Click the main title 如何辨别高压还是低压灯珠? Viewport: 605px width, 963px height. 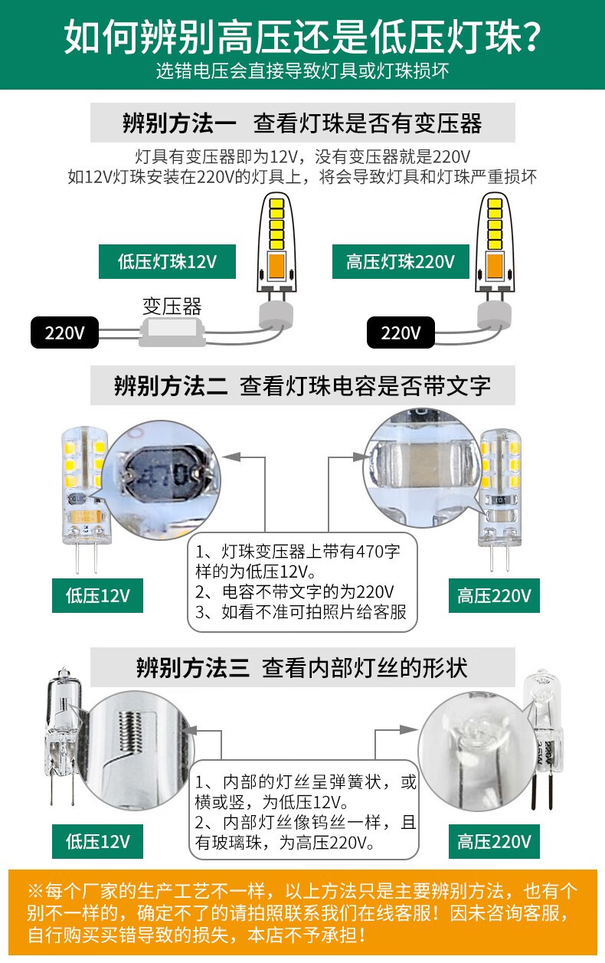(302, 35)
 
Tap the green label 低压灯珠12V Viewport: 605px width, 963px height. (167, 262)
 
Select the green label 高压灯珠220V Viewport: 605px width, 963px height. (400, 262)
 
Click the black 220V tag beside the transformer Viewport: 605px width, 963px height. (64, 333)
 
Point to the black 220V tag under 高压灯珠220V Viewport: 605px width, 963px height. (401, 333)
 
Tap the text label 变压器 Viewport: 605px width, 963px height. (172, 307)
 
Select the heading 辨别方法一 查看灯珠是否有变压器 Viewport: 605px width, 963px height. (302, 123)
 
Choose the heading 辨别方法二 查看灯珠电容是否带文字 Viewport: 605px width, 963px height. (302, 385)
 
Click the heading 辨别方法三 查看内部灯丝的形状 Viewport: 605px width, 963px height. (302, 667)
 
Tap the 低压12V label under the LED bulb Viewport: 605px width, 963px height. (97, 595)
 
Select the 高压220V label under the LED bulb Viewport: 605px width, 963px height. (494, 595)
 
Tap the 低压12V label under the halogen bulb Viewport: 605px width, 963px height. (97, 842)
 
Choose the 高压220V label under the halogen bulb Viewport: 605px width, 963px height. (494, 842)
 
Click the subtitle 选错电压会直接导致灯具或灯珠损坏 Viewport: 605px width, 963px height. (302, 71)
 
